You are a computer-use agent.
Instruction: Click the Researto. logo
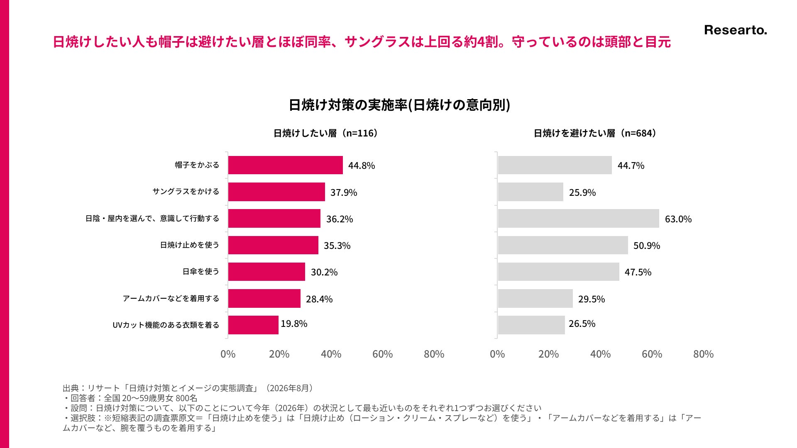(736, 30)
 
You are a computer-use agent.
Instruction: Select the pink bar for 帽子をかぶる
(286, 165)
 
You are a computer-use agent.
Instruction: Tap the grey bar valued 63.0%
(579, 218)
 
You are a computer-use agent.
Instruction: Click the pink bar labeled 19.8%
(253, 325)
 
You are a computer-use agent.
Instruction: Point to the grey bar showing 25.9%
(531, 192)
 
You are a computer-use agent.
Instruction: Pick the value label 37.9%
(344, 192)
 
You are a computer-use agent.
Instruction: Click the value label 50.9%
(647, 246)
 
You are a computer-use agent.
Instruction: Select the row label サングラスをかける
(186, 192)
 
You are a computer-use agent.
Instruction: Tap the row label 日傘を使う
(201, 272)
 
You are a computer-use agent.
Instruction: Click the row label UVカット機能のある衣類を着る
(166, 325)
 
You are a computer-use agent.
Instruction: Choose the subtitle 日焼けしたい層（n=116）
(326, 133)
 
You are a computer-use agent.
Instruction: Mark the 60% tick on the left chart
(382, 354)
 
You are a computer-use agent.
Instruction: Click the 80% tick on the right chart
(703, 354)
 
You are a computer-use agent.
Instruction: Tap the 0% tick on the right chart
(497, 354)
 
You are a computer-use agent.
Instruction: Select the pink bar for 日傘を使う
(266, 272)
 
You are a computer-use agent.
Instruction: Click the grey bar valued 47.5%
(559, 272)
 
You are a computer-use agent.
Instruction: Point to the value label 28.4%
(319, 299)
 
